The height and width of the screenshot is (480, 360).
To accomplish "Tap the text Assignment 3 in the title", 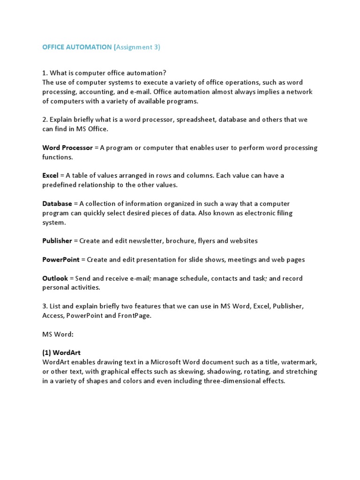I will pos(137,47).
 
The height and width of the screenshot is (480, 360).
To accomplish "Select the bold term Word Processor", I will pos(67,148).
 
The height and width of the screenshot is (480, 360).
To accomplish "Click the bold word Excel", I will pos(50,175).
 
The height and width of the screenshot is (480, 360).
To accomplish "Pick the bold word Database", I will pos(57,203).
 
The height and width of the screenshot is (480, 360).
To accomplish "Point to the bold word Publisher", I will pos(57,240).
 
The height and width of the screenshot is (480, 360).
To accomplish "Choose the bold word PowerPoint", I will pos(61,259).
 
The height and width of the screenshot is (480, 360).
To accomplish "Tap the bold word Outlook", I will pos(55,278).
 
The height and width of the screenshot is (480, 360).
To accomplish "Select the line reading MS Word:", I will pos(58,334).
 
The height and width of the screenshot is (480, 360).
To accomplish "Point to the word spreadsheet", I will pos(194,120).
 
